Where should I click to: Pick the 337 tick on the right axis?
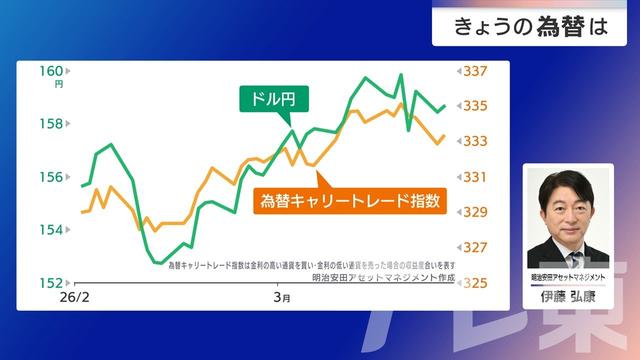[x=475, y=71]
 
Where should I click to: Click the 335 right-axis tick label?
[x=475, y=106]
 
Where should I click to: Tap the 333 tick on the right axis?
[x=475, y=141]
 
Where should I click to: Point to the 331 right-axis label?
[x=475, y=177]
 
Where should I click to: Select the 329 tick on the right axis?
[x=475, y=212]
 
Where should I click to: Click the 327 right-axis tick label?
[x=475, y=247]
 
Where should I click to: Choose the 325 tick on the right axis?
[x=475, y=283]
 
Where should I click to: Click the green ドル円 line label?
[x=272, y=99]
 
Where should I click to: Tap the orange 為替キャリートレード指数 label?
[x=350, y=200]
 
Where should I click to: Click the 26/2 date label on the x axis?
[x=75, y=298]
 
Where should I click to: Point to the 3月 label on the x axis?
[x=282, y=298]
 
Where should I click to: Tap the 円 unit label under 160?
[x=58, y=85]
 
